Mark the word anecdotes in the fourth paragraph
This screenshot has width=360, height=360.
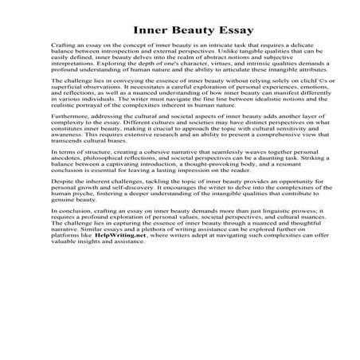pos(64,178)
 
